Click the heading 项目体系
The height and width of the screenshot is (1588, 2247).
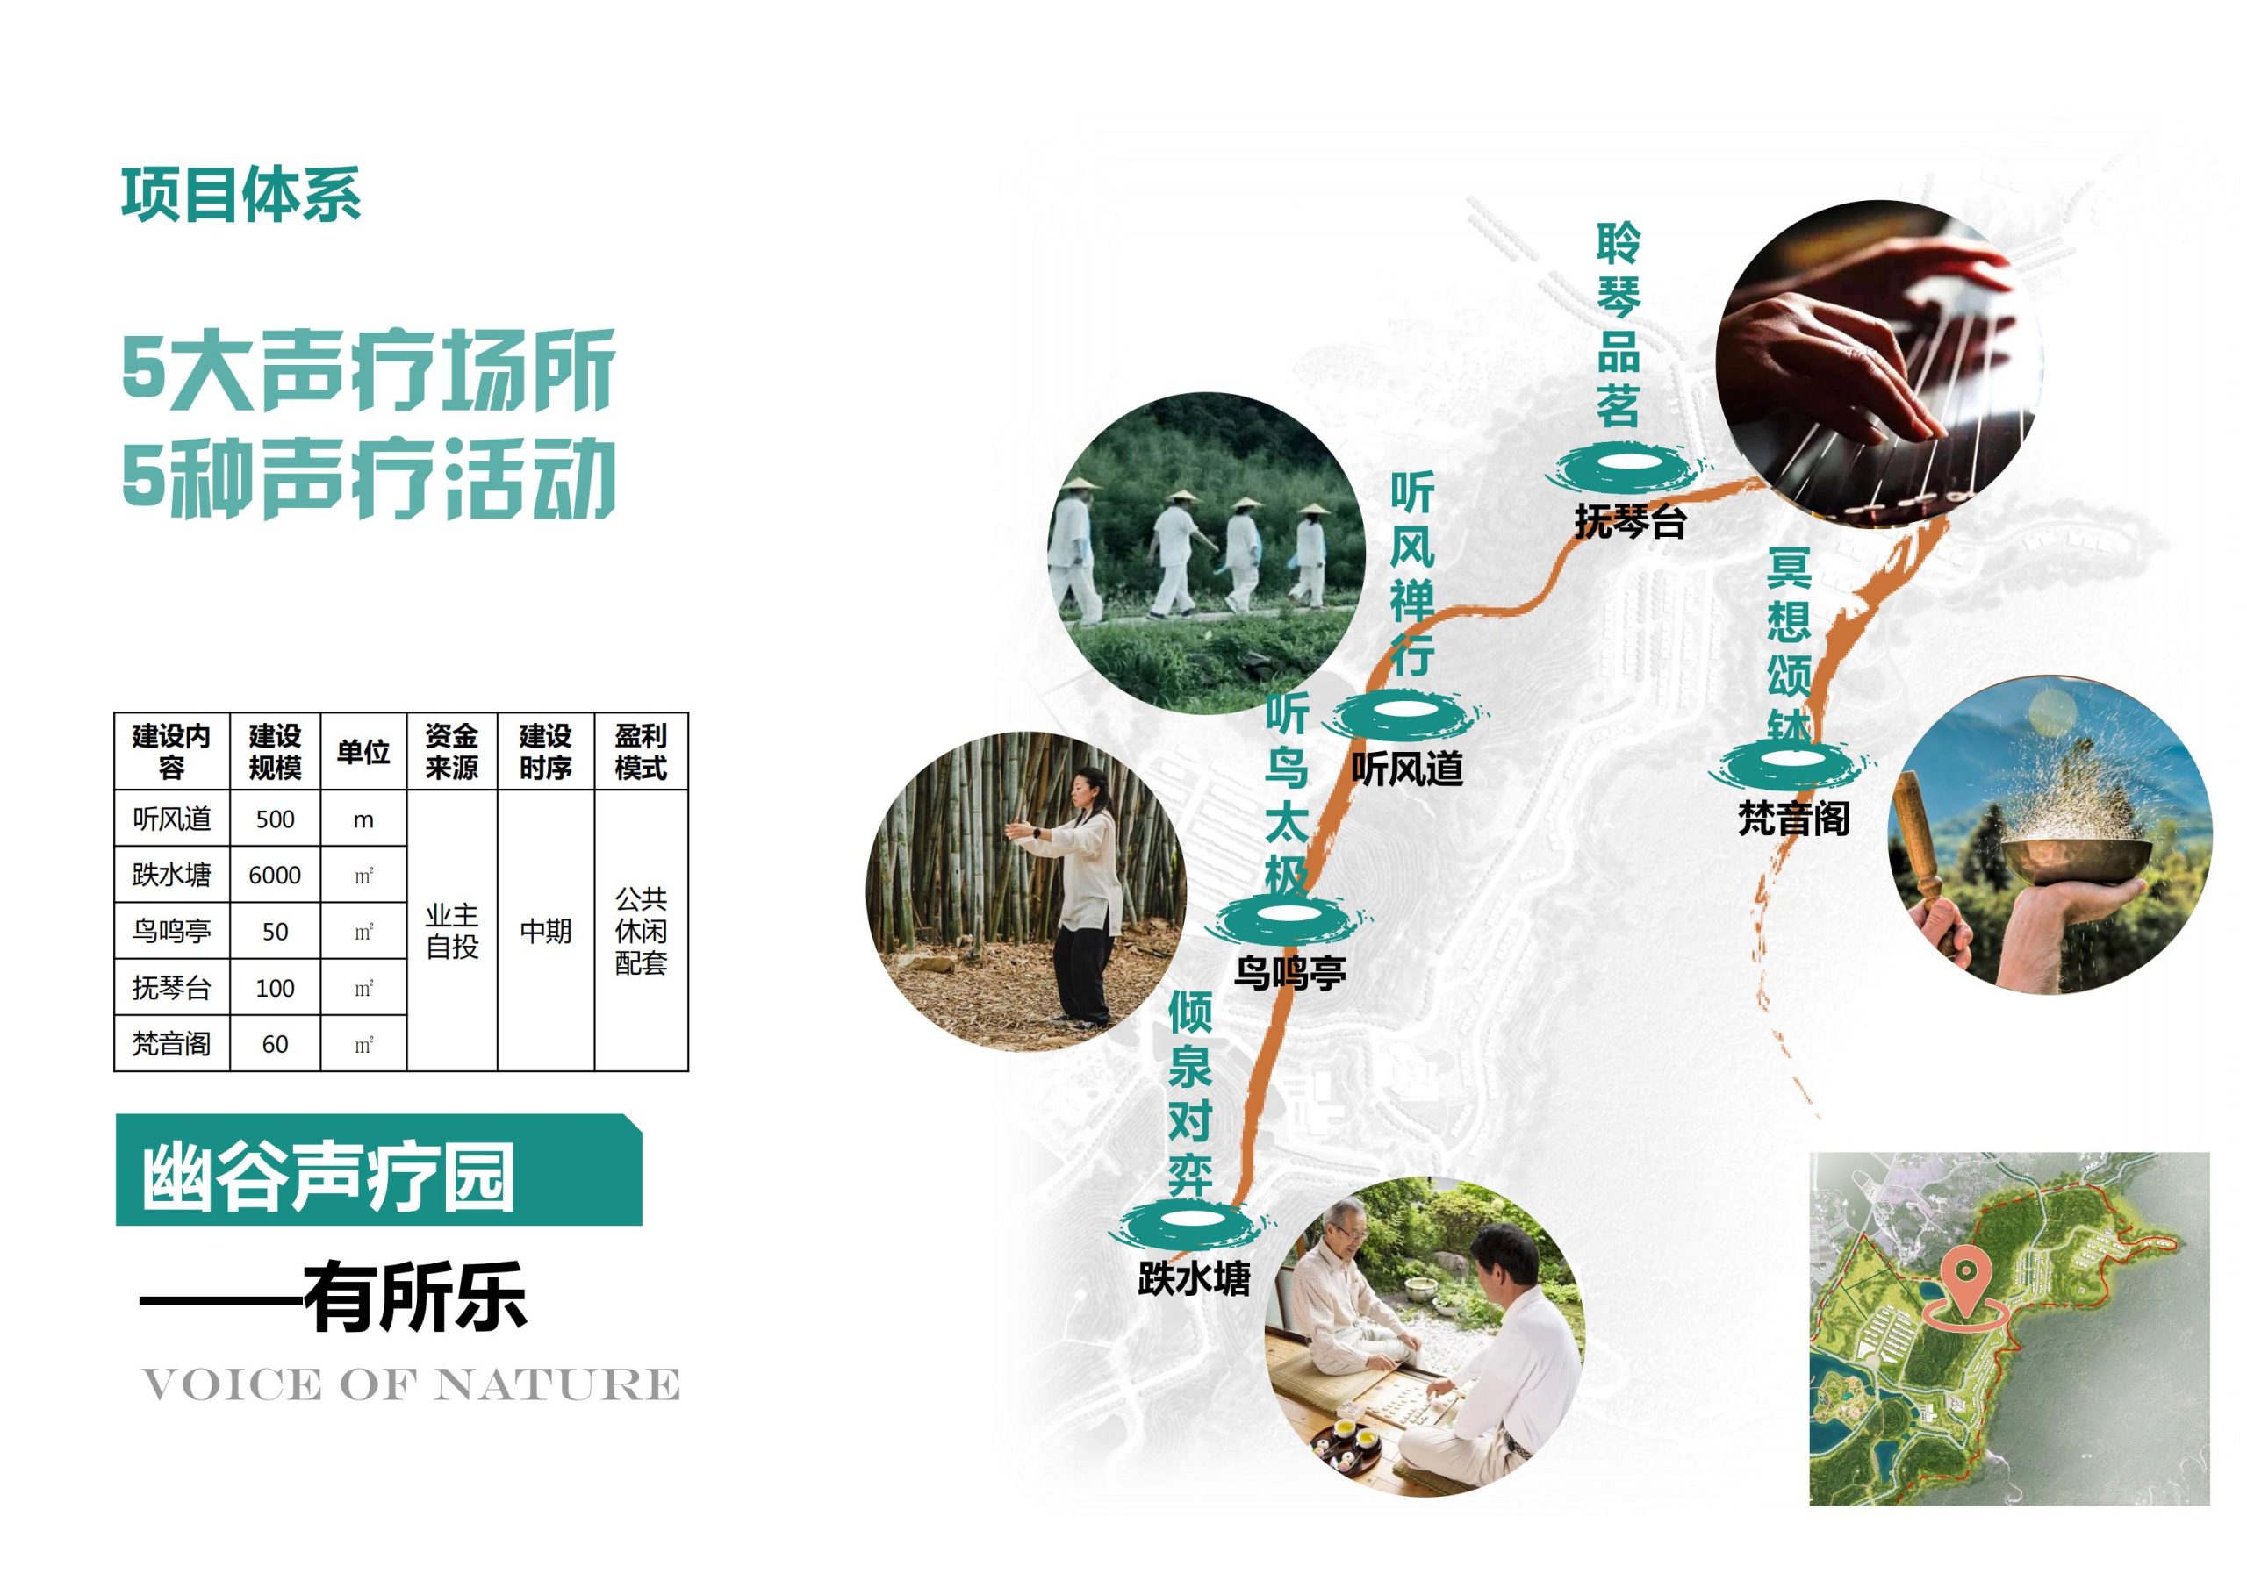click(240, 195)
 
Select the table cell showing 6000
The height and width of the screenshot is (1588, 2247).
click(275, 875)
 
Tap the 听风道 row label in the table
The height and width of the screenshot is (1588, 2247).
click(172, 819)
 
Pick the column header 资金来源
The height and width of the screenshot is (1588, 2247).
click(451, 751)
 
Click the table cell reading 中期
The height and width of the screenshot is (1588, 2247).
click(545, 931)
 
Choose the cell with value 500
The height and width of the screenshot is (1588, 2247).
click(275, 819)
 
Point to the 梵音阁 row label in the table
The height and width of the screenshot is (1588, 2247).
click(172, 1044)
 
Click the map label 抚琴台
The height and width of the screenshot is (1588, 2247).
click(1629, 523)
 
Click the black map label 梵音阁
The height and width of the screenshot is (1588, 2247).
click(1794, 818)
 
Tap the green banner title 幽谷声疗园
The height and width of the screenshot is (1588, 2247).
click(329, 1178)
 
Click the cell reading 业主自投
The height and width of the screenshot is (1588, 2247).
click(451, 931)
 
